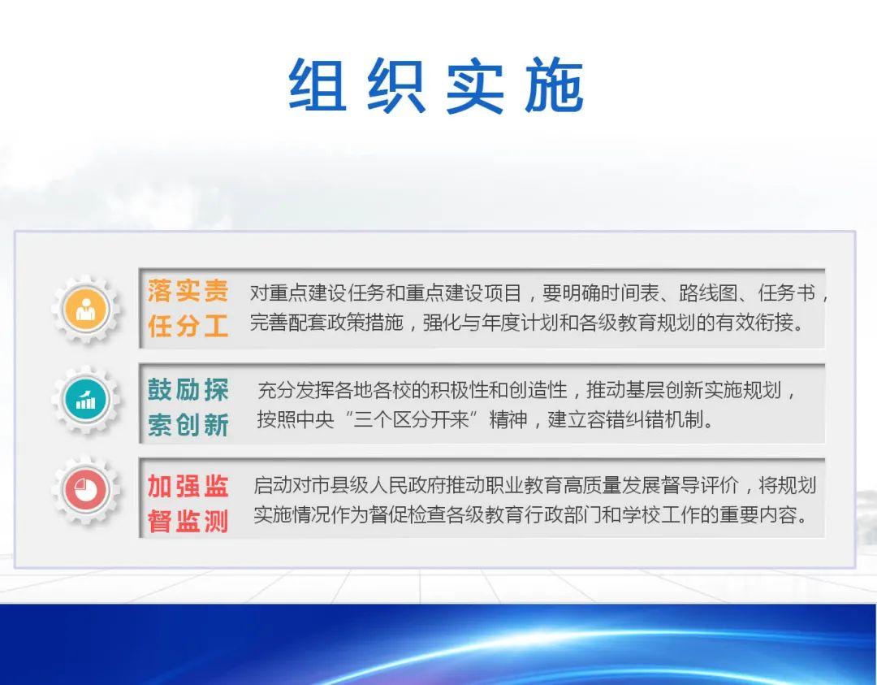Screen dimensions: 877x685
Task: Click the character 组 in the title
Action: coord(318,85)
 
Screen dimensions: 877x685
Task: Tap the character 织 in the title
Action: coord(396,85)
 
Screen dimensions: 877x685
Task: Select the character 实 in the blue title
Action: coord(474,85)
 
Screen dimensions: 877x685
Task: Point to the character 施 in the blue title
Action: coord(555,85)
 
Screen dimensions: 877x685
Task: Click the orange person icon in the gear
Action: coord(85,309)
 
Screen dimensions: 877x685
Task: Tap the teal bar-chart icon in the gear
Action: coord(85,400)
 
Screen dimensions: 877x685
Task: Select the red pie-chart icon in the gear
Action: coord(85,490)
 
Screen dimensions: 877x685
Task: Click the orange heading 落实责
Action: coord(188,292)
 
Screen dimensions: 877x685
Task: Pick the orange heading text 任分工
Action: coord(188,326)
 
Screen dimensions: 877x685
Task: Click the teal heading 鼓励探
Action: coord(188,389)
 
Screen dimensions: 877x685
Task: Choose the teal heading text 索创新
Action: coord(188,425)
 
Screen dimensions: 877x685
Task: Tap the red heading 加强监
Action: coord(188,486)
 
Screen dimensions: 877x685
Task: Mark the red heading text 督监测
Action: coord(188,522)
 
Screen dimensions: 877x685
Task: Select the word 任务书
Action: coord(786,293)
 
